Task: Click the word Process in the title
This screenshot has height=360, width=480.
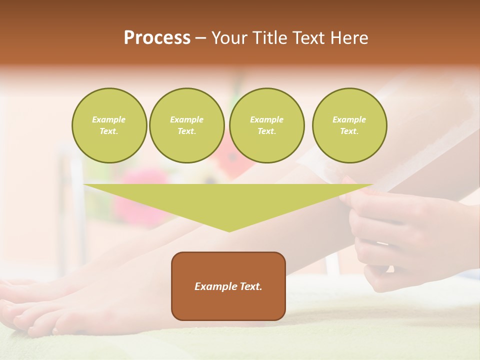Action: [x=157, y=38]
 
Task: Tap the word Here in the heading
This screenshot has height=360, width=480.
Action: [x=348, y=38]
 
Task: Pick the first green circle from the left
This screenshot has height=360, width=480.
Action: [x=109, y=125]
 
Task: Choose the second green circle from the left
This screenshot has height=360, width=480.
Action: [x=186, y=125]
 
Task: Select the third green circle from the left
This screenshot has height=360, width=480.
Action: [x=266, y=125]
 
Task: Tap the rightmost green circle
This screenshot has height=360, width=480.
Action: [x=349, y=125]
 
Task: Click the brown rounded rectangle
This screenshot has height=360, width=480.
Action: [x=228, y=305]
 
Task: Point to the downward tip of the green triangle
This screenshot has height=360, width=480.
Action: [x=229, y=230]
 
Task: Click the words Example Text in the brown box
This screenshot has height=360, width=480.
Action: [x=228, y=286]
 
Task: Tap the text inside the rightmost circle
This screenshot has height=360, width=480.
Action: [x=349, y=125]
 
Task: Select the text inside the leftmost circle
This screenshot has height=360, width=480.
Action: [x=109, y=125]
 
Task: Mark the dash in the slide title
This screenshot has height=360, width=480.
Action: [x=201, y=38]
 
